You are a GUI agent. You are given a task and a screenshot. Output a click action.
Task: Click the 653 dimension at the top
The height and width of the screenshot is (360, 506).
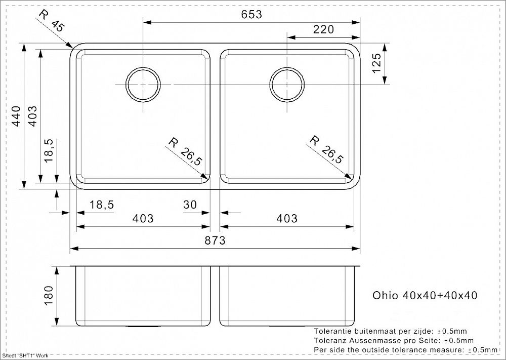click(x=251, y=15)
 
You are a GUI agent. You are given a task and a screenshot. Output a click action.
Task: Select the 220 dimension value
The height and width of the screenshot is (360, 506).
click(x=323, y=29)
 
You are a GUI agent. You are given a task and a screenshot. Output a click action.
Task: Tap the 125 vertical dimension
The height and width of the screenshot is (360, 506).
click(x=376, y=63)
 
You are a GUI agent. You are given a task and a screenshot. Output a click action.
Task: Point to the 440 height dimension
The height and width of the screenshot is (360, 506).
click(x=16, y=116)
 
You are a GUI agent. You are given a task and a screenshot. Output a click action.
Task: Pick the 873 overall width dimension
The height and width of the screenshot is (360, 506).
click(x=215, y=240)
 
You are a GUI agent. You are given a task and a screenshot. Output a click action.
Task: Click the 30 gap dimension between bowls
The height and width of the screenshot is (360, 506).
click(x=190, y=205)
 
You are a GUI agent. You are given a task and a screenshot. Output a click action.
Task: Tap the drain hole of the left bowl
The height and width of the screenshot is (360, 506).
click(x=143, y=85)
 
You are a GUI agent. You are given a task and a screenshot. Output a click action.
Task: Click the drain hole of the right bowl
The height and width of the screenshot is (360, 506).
click(x=287, y=85)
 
